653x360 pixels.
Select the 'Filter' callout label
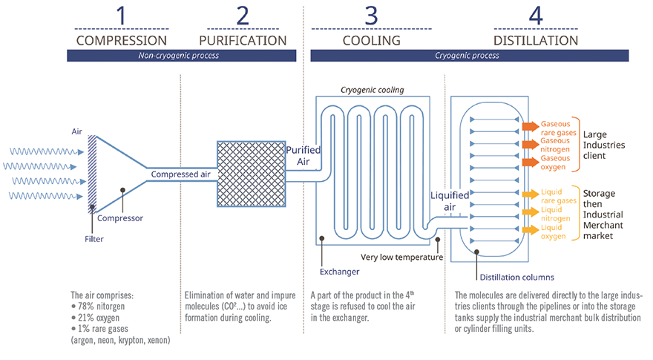tap(93, 239)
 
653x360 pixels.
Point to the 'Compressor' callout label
tap(121, 218)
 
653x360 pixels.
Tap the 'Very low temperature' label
tap(401, 258)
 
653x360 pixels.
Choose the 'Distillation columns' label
tap(516, 278)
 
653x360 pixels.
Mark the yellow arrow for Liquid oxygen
tap(528, 230)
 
